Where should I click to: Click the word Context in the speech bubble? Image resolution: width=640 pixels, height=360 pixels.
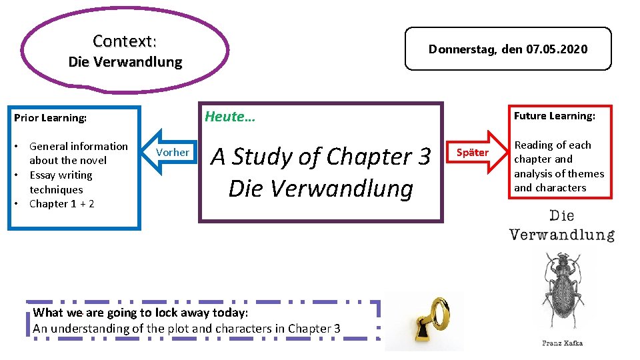point(123,41)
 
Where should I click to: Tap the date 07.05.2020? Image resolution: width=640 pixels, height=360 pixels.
point(557,49)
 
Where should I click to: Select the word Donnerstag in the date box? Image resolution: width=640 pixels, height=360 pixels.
point(461,49)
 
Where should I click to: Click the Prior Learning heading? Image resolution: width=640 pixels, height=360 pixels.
point(51,118)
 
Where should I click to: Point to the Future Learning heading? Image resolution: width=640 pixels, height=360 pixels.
point(554,116)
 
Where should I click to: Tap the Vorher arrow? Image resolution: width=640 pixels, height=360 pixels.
point(171,152)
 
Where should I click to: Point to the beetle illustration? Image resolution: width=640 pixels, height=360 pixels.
point(561,290)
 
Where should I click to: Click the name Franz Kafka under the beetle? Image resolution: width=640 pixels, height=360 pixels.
point(562,343)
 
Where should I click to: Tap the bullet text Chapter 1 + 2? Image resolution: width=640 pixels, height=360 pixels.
point(62,204)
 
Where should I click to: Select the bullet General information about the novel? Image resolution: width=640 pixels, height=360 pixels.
point(78,153)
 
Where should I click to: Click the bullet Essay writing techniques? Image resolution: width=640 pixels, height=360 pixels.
point(61,182)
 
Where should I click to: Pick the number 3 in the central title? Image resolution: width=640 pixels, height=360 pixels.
point(424,157)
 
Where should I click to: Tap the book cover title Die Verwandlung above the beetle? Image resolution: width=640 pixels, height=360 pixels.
point(561,225)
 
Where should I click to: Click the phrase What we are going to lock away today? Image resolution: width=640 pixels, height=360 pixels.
point(140,313)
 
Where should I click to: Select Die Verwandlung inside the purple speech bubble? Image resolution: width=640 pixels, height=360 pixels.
point(125,62)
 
